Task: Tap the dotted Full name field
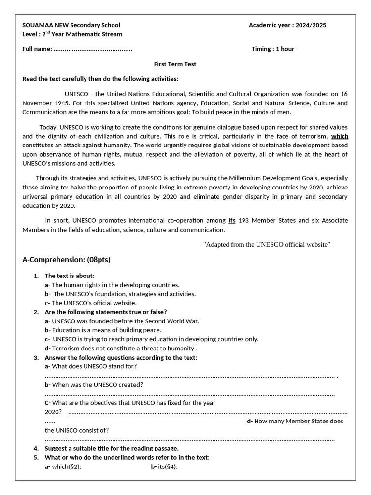pyautogui.click(x=93, y=49)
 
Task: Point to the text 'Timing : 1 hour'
pyautogui.click(x=272, y=49)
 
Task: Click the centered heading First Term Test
pyautogui.click(x=175, y=64)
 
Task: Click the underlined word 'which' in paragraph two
pyautogui.click(x=340, y=136)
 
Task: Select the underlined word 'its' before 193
pyautogui.click(x=232, y=220)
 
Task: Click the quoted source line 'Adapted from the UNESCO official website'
pyautogui.click(x=267, y=244)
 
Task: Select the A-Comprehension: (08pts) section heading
pyautogui.click(x=66, y=260)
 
